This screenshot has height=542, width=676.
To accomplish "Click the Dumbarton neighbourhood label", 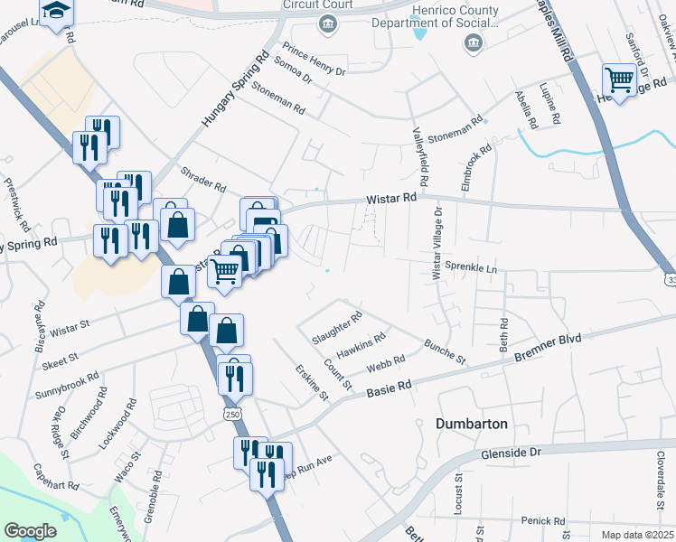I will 472,423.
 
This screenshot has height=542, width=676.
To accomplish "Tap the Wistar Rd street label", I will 391,198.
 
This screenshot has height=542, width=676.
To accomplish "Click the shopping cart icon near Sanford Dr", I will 620,80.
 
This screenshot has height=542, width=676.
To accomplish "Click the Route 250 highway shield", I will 232,412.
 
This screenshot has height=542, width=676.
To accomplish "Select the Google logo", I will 30,531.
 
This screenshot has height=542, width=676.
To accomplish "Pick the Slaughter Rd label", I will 336,328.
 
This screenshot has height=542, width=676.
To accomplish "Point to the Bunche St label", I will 444,352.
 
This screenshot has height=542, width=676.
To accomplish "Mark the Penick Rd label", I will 542,521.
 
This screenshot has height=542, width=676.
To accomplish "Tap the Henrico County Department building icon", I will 472,43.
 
